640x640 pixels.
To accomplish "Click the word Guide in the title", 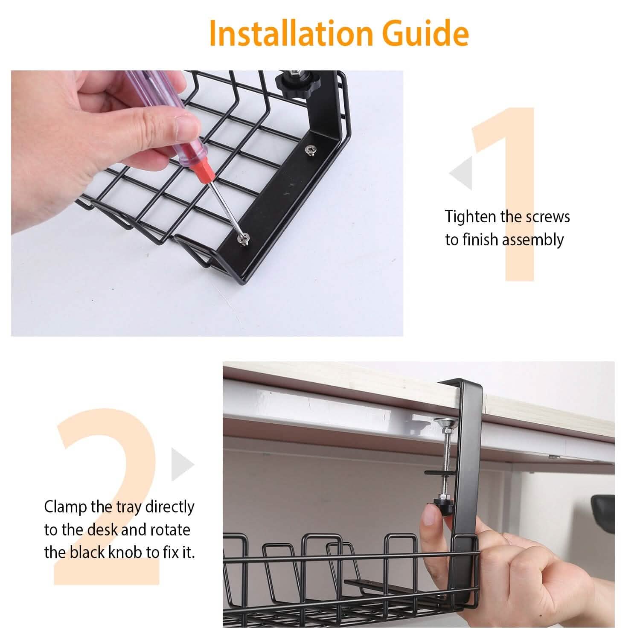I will pyautogui.click(x=422, y=33).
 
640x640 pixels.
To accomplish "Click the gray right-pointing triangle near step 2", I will pyautogui.click(x=183, y=464).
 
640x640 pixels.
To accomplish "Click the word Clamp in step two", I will pyautogui.click(x=66, y=507).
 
